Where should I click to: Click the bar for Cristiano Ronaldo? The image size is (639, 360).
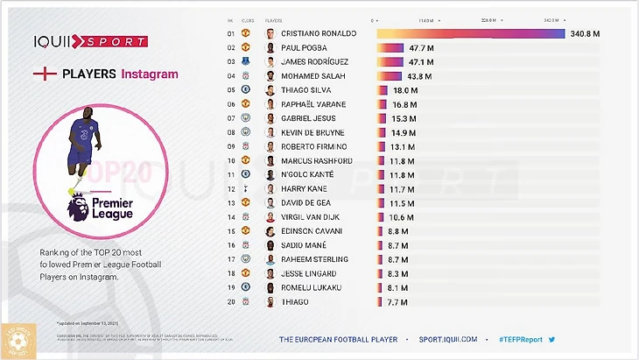tap(470, 33)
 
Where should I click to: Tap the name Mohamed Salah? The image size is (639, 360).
tap(313, 76)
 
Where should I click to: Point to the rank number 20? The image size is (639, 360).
tap(231, 301)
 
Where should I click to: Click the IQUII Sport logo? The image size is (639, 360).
tap(90, 40)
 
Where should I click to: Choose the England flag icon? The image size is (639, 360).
tap(45, 74)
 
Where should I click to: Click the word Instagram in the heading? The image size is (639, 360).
tap(149, 74)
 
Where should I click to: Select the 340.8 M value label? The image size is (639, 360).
tap(584, 33)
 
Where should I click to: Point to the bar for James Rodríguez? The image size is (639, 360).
tap(390, 62)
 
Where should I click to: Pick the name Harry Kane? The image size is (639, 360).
tap(304, 188)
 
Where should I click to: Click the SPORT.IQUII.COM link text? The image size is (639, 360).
tap(449, 339)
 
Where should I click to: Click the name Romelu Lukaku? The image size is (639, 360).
tap(310, 287)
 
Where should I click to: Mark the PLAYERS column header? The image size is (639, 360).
tap(275, 19)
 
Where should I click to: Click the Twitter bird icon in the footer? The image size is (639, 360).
tap(551, 339)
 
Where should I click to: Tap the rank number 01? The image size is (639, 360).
tap(231, 33)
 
